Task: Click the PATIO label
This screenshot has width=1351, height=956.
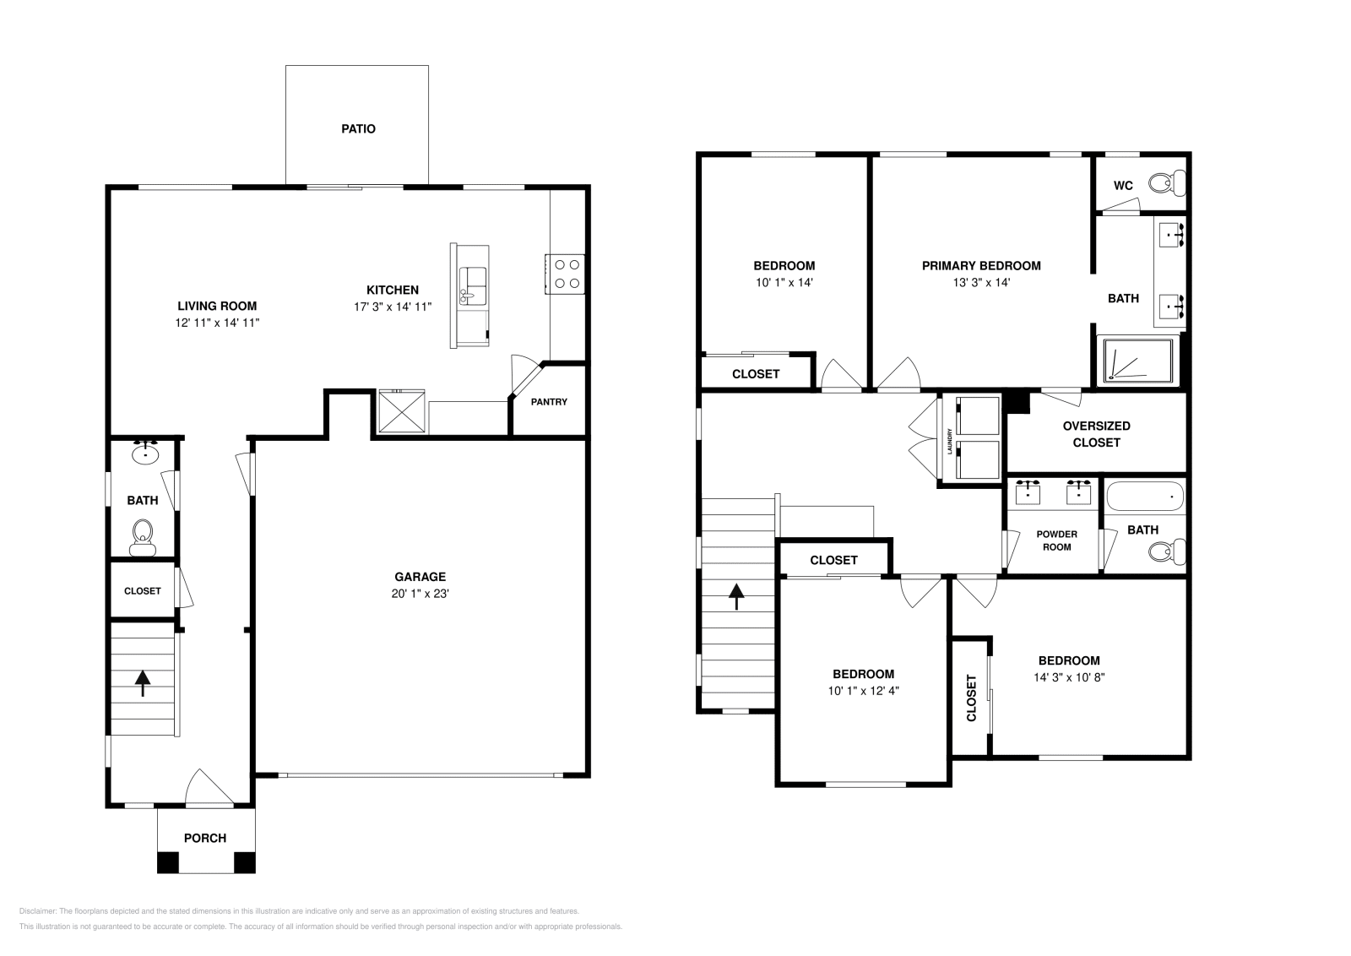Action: (x=358, y=129)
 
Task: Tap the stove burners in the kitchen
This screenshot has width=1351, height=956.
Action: (x=567, y=274)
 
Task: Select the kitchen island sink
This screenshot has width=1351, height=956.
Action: (x=473, y=285)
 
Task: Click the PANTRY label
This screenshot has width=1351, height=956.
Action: (x=549, y=402)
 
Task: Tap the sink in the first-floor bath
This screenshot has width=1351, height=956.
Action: (x=146, y=453)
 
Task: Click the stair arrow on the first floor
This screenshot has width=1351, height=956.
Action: (x=142, y=682)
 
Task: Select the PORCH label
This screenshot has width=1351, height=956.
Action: (x=205, y=838)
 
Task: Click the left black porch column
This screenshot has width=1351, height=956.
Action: (x=168, y=862)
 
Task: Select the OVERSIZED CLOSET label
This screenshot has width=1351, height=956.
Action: (x=1096, y=434)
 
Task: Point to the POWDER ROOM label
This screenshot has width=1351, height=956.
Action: (x=1056, y=540)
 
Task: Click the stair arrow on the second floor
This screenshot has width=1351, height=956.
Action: (x=737, y=596)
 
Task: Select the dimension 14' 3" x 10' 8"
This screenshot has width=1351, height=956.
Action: (x=1069, y=676)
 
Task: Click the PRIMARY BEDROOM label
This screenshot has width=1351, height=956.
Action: (x=981, y=265)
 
